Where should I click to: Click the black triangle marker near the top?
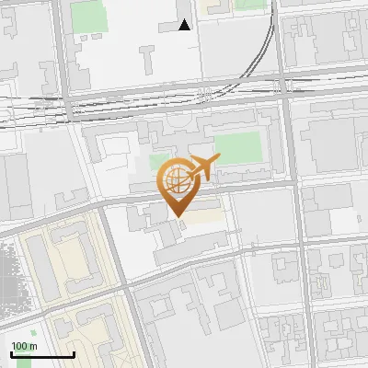(185, 24)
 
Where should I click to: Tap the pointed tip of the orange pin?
(176, 215)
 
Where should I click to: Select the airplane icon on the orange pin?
(203, 168)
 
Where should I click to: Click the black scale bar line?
(42, 355)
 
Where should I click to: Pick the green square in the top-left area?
(88, 16)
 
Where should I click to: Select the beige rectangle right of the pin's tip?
(207, 213)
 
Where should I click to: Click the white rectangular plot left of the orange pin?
(116, 147)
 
